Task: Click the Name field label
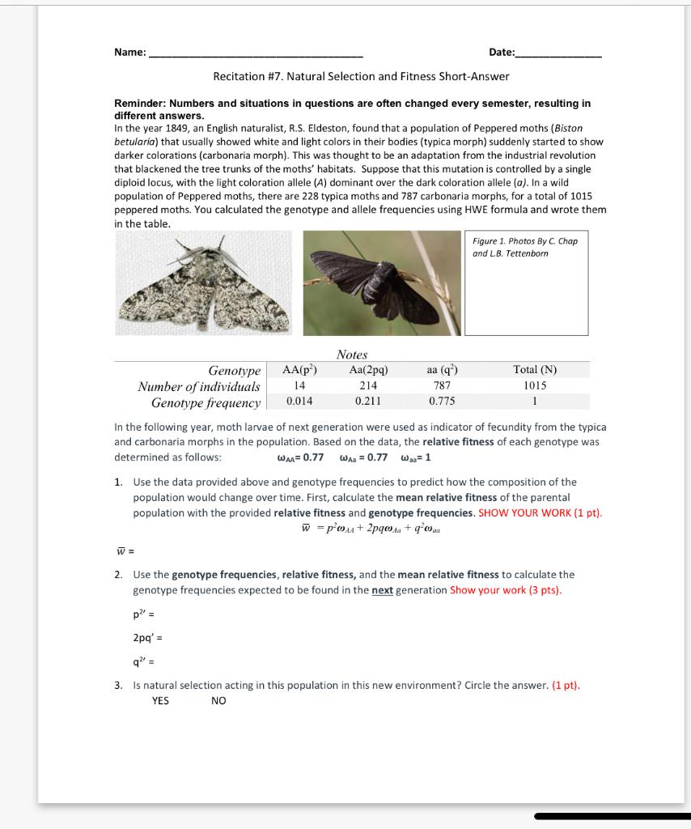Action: [129, 53]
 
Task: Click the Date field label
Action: [502, 53]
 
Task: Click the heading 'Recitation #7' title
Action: [361, 76]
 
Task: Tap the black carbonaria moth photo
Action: [381, 283]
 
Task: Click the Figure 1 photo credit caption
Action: [524, 247]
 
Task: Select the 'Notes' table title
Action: [352, 355]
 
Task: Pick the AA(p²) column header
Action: [299, 370]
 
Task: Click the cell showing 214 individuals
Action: [368, 386]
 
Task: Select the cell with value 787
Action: [442, 386]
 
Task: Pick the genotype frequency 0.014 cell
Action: [299, 402]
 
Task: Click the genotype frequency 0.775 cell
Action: [442, 402]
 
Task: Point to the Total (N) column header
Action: [535, 370]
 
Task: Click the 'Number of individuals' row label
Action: [199, 386]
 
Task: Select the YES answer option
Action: [160, 700]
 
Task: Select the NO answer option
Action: [218, 700]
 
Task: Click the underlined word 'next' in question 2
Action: [382, 590]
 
